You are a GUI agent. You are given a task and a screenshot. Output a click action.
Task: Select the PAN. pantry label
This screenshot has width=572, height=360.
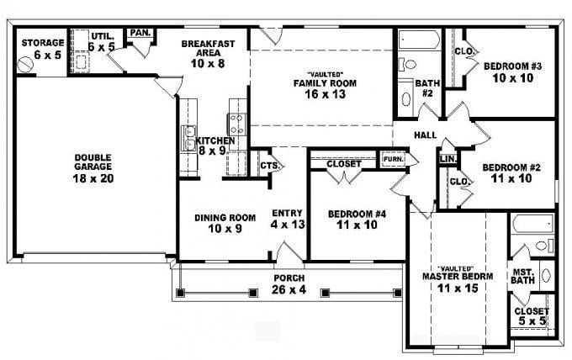(x=139, y=34)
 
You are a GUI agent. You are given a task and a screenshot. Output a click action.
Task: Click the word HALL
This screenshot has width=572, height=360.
(x=424, y=135)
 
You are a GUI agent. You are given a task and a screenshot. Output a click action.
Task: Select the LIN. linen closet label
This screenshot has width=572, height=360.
(x=448, y=158)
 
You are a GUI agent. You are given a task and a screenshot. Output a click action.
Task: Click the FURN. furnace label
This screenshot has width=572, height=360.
(x=393, y=158)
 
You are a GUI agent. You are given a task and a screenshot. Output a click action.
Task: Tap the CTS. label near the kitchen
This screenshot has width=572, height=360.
(x=269, y=165)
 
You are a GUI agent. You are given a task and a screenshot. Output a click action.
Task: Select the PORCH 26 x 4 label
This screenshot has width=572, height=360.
(x=289, y=283)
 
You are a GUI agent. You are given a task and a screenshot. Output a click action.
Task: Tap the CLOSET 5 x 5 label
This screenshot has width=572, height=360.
(x=531, y=315)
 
